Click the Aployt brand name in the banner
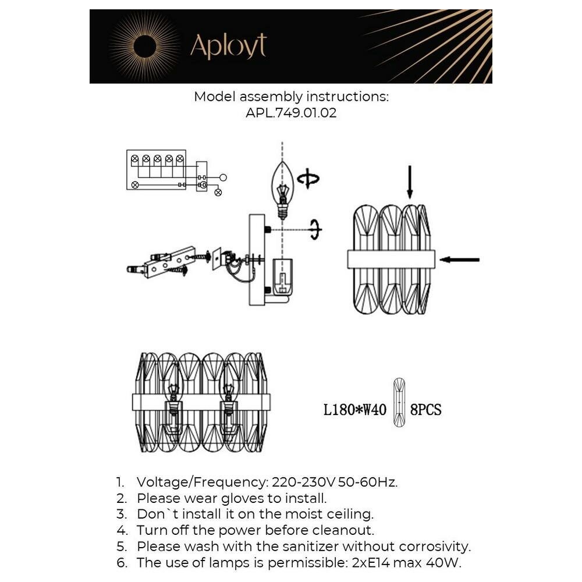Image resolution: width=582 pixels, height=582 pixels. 228,46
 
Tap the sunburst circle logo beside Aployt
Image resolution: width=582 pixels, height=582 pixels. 145,47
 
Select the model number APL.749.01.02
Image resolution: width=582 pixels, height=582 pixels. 291,112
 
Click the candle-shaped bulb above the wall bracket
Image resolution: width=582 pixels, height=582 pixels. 283,190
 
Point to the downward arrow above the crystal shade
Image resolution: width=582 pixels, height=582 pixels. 410,182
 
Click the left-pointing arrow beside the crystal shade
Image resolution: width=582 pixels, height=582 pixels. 460,260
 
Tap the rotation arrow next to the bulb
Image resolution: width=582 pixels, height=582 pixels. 308,179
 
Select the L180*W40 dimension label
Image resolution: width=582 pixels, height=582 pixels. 355,410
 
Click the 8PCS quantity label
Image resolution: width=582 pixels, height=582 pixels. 426,410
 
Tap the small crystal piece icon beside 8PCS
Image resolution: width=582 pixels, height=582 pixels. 399,402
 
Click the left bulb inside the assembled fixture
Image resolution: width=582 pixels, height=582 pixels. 173,401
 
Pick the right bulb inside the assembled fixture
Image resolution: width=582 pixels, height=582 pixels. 229,401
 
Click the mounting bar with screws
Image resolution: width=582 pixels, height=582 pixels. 164,262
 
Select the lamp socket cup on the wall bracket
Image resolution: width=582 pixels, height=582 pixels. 282,275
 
